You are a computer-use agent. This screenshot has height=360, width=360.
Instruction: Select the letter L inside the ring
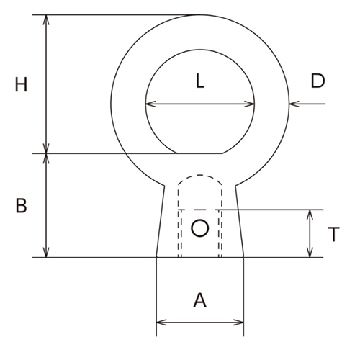click(200, 81)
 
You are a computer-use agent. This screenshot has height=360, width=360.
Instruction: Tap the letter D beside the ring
click(318, 81)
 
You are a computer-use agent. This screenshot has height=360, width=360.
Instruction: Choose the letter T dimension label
click(333, 234)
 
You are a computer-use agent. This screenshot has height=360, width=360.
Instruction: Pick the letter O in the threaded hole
click(200, 229)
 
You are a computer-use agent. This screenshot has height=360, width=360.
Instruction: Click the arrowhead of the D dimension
click(293, 105)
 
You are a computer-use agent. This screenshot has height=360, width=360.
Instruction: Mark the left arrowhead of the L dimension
click(148, 105)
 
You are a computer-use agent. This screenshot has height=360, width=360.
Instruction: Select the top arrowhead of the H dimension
click(48, 19)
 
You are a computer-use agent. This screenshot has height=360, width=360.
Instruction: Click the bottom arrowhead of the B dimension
click(48, 253)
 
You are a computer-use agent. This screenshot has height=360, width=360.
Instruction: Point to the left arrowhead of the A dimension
click(160, 322)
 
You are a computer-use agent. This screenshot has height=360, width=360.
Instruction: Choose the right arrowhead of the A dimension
click(240, 322)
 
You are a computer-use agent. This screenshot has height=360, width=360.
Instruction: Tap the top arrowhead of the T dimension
click(310, 214)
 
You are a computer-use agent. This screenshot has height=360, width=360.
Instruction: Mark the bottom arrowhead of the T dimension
click(310, 253)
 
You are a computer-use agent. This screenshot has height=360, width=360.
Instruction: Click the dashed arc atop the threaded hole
click(200, 175)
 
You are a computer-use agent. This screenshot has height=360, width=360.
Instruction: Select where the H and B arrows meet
click(48, 153)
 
